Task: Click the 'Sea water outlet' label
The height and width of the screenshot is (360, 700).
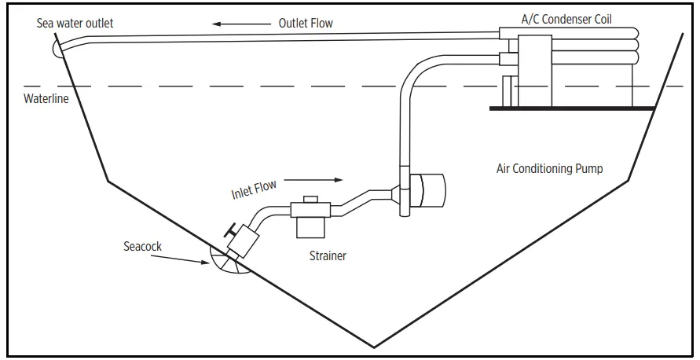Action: pos(75,23)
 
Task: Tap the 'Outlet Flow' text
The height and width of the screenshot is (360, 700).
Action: pos(306,23)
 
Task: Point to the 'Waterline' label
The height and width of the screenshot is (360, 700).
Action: pos(46,99)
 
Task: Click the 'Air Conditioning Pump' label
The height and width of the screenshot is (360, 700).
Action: pos(549,168)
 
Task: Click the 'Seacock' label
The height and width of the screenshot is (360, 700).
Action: pos(142,246)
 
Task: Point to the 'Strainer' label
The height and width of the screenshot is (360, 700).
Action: pos(327,255)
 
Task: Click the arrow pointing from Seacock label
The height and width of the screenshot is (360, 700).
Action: pos(181,256)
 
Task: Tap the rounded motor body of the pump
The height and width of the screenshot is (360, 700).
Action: pos(430,191)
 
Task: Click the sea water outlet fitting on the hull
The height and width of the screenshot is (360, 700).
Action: pos(57,48)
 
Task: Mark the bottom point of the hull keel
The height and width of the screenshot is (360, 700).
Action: pos(374,347)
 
